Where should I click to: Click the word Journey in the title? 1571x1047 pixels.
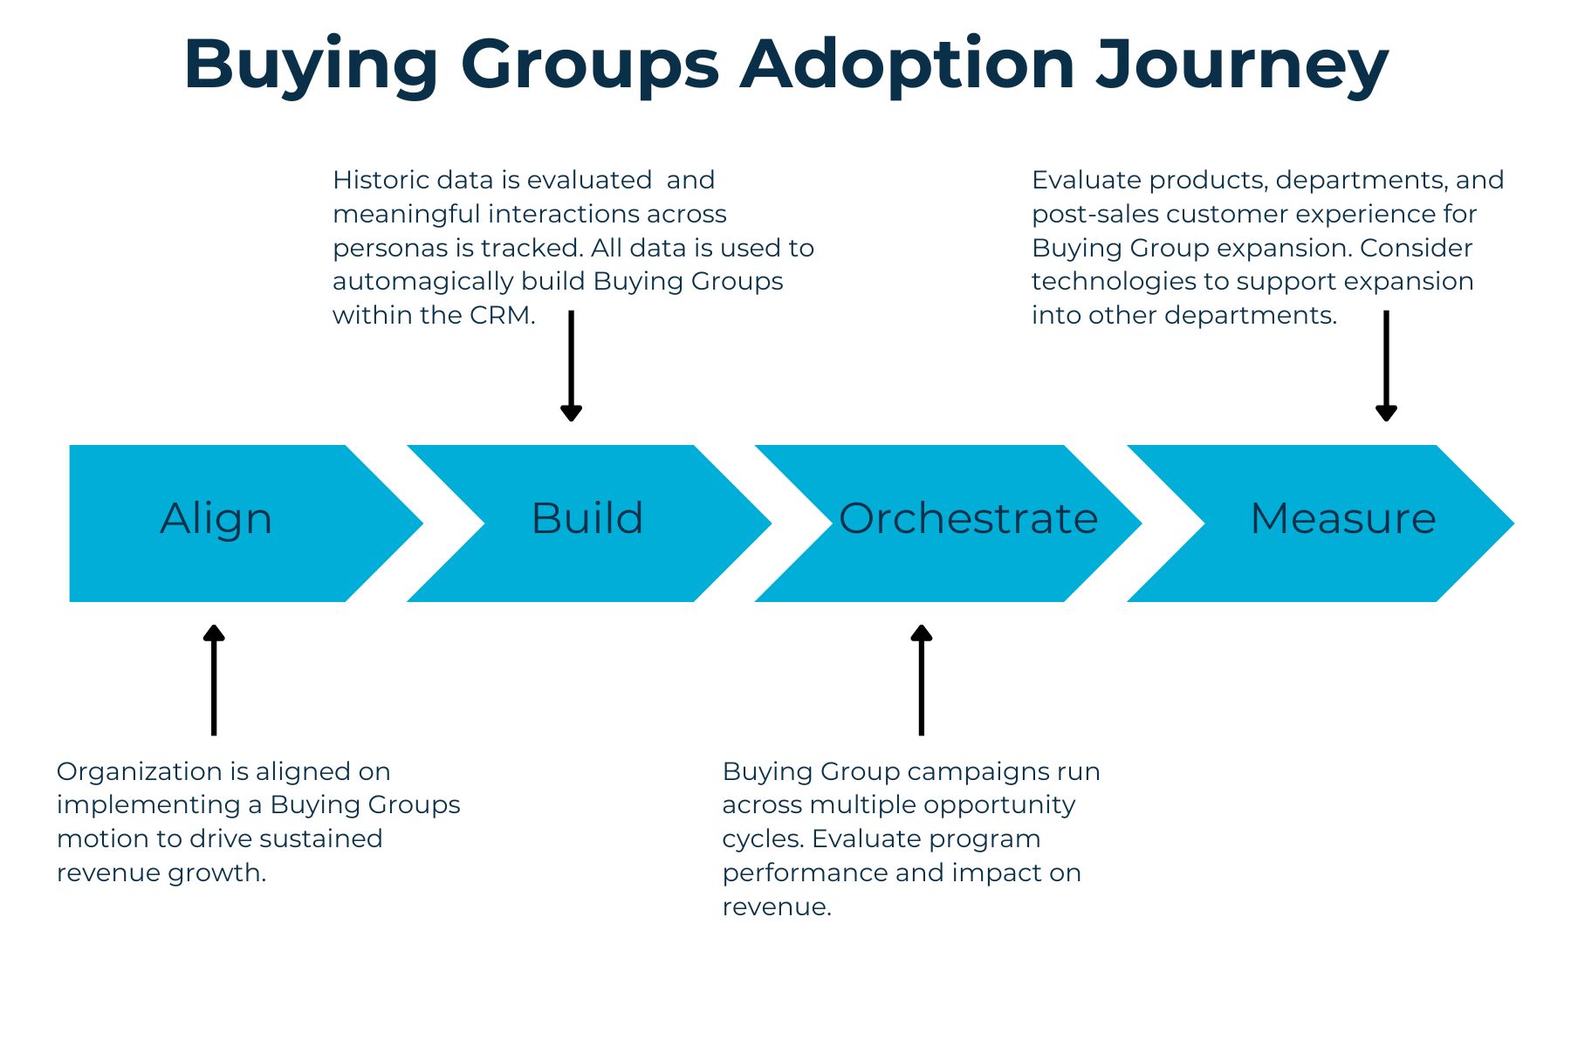pyautogui.click(x=1242, y=66)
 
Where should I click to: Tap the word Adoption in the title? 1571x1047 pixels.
pyautogui.click(x=908, y=66)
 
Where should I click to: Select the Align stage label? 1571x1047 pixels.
pyautogui.click(x=216, y=519)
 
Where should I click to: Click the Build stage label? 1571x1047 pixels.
pyautogui.click(x=587, y=519)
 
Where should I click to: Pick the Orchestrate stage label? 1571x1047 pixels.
pyautogui.click(x=968, y=519)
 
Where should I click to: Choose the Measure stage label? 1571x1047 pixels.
pyautogui.click(x=1343, y=519)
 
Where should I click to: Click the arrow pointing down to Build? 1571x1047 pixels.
pyautogui.click(x=571, y=366)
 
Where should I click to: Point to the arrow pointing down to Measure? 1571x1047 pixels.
pyautogui.click(x=1386, y=366)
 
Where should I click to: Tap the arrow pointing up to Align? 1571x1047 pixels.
pyautogui.click(x=214, y=680)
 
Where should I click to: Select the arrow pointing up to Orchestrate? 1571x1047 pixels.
pyautogui.click(x=922, y=680)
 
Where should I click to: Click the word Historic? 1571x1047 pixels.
pyautogui.click(x=381, y=181)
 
